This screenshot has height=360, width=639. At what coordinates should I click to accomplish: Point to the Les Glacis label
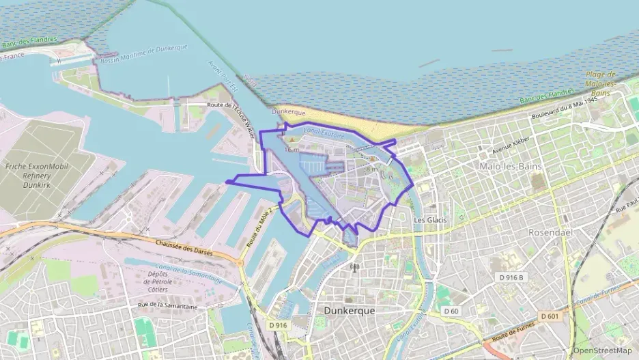[x=430, y=220]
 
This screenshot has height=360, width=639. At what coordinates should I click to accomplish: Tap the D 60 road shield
[x=451, y=311]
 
